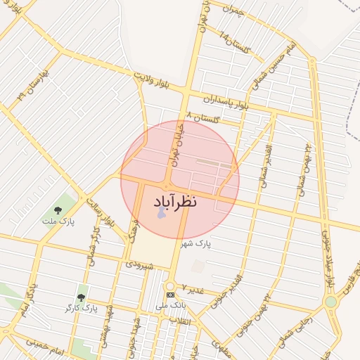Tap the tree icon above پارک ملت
click(58, 210)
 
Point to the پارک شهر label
click(195, 243)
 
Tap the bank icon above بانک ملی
click(169, 294)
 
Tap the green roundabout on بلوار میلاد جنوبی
click(330, 302)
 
